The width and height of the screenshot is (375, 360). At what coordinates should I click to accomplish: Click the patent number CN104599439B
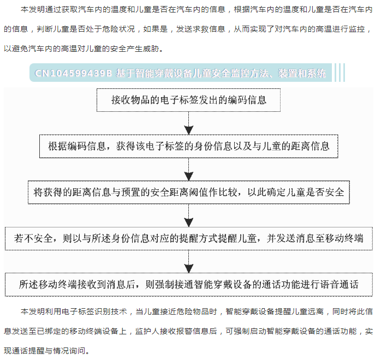pyautogui.click(x=73, y=73)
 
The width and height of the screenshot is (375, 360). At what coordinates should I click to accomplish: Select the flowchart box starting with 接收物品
pyautogui.click(x=188, y=100)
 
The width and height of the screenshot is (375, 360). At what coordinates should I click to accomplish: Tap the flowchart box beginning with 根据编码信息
pyautogui.click(x=189, y=146)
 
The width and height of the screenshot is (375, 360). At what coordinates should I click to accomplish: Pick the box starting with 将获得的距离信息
pyautogui.click(x=189, y=192)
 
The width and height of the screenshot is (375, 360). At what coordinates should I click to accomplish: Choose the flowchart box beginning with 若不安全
pyautogui.click(x=189, y=238)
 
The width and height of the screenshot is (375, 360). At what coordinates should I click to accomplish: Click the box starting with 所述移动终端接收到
pyautogui.click(x=189, y=285)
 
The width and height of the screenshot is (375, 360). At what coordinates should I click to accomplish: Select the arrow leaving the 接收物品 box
pyautogui.click(x=189, y=123)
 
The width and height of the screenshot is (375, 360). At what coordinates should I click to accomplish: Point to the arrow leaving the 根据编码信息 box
pyautogui.click(x=189, y=169)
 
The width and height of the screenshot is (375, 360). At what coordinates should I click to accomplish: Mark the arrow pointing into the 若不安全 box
pyautogui.click(x=189, y=215)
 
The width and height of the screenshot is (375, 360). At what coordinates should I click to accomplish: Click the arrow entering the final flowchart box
pyautogui.click(x=189, y=261)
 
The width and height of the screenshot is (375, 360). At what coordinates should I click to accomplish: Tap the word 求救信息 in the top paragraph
pyautogui.click(x=209, y=29)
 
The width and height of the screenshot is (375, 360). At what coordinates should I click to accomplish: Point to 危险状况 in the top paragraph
pyautogui.click(x=118, y=29)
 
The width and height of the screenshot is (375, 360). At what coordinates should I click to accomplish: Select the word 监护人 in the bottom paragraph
pyautogui.click(x=147, y=331)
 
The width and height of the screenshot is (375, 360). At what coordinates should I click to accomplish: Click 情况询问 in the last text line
pyautogui.click(x=69, y=351)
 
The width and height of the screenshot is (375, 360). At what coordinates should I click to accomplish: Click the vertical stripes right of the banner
pyautogui.click(x=340, y=73)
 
